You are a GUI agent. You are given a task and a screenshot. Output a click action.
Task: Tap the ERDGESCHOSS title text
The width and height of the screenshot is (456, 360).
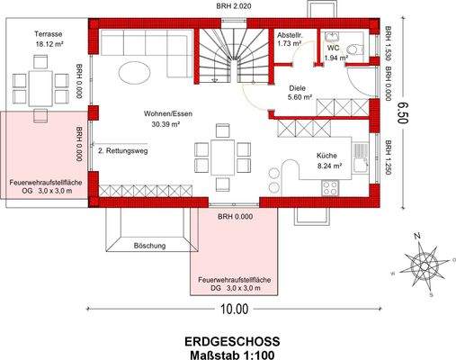(x=232, y=341)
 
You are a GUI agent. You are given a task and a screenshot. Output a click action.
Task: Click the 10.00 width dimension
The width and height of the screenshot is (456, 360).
(x=232, y=309)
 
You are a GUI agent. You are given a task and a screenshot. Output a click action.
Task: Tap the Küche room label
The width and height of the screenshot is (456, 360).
(x=326, y=155)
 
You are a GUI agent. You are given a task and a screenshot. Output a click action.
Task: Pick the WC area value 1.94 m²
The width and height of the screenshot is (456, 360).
(x=335, y=58)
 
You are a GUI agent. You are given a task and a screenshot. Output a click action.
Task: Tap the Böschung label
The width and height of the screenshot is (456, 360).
(x=148, y=245)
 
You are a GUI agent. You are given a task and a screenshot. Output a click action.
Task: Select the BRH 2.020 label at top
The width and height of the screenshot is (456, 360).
(x=233, y=5)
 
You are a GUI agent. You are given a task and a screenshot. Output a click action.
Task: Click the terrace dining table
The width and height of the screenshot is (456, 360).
(x=39, y=85)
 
